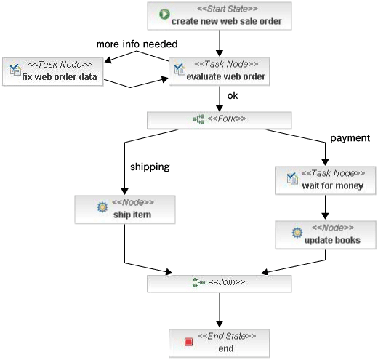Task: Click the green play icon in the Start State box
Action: pos(164,14)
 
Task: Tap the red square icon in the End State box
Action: pos(188,342)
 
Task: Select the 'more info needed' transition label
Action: pos(137,44)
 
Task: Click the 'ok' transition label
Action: pos(233,96)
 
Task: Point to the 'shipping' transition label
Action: pos(150,167)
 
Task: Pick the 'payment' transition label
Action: pos(350,138)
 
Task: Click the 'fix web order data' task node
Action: pos(53,71)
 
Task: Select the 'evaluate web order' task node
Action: pos(220,71)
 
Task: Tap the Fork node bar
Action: pos(220,120)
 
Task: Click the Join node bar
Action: pos(220,284)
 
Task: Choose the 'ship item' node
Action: pos(125,209)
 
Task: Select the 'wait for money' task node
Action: pos(326,180)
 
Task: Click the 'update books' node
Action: pos(326,235)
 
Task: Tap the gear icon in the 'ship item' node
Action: pos(102,207)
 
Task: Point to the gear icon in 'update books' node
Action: pos(297,233)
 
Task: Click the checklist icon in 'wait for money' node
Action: pos(292,178)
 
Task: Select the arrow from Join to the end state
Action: pos(220,310)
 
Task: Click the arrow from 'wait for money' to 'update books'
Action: pos(325,207)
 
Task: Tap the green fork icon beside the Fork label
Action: pos(198,119)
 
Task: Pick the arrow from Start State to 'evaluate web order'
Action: pos(220,43)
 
